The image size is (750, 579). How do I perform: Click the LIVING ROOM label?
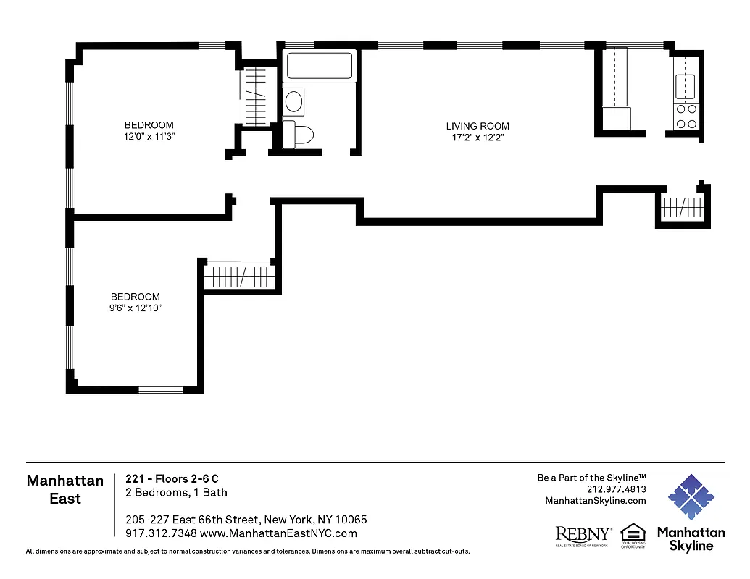pyautogui.click(x=477, y=126)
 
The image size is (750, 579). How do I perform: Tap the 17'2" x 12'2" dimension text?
pyautogui.click(x=477, y=137)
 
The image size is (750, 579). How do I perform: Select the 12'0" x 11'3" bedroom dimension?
pyautogui.click(x=149, y=136)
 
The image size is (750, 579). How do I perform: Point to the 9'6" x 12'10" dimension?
pyautogui.click(x=136, y=308)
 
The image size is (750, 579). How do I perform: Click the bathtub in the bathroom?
pyautogui.click(x=320, y=67)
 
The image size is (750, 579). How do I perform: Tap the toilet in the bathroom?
pyautogui.click(x=301, y=135)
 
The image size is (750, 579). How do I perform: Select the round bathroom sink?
pyautogui.click(x=294, y=101)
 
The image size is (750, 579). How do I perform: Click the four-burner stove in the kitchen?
pyautogui.click(x=686, y=117)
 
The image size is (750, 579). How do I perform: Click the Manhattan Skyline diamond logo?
pyautogui.click(x=691, y=498)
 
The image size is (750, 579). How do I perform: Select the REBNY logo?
pyautogui.click(x=583, y=534)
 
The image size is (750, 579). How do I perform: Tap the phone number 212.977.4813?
pyautogui.click(x=616, y=489)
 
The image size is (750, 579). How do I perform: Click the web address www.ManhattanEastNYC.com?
pyautogui.click(x=278, y=533)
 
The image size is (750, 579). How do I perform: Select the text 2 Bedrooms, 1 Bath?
pyautogui.click(x=176, y=493)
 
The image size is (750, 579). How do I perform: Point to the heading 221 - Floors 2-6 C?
pyautogui.click(x=172, y=478)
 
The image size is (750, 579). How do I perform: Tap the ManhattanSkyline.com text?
pyautogui.click(x=595, y=501)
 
